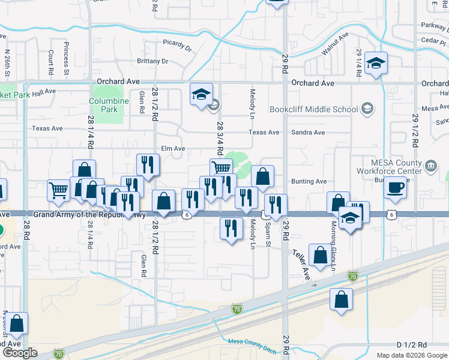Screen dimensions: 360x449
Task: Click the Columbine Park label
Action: pyautogui.click(x=109, y=106)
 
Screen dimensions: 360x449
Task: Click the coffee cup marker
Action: pyautogui.click(x=394, y=187)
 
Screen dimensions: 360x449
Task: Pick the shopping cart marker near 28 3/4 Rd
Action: pyautogui.click(x=221, y=169)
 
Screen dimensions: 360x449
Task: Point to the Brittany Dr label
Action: pyautogui.click(x=152, y=61)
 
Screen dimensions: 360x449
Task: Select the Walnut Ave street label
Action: pyautogui.click(x=334, y=45)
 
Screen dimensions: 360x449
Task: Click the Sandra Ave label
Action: pyautogui.click(x=308, y=133)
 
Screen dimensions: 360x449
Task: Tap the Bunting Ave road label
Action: pyautogui.click(x=309, y=181)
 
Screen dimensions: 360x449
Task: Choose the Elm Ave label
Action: pyautogui.click(x=173, y=148)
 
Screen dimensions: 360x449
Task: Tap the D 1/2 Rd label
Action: pyautogui.click(x=411, y=345)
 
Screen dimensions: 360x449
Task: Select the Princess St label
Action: pyautogui.click(x=67, y=55)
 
